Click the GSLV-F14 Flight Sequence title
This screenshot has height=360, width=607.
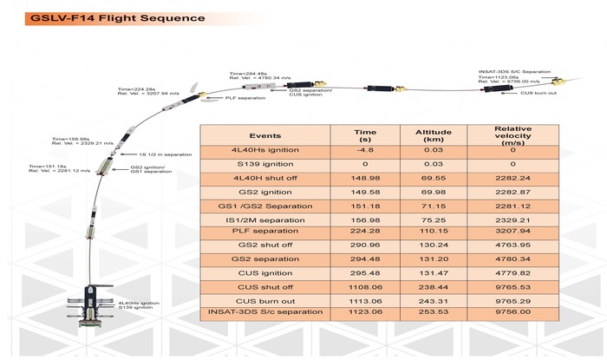click(x=118, y=18)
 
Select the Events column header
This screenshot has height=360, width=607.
click(x=265, y=136)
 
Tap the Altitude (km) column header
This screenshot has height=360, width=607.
click(x=434, y=135)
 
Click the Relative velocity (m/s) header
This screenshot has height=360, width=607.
click(x=513, y=136)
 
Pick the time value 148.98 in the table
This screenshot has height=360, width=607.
click(x=365, y=178)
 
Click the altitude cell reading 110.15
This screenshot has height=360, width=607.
click(x=434, y=231)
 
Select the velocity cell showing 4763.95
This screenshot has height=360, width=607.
click(x=513, y=245)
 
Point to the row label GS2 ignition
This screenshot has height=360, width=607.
click(x=265, y=193)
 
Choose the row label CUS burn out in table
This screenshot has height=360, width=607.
click(x=265, y=301)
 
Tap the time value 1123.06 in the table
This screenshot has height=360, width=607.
click(x=365, y=311)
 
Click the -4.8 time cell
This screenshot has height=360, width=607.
click(x=365, y=150)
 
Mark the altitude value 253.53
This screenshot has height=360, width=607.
click(x=434, y=311)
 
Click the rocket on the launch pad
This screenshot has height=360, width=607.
click(x=90, y=306)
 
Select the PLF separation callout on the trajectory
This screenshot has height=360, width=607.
click(x=245, y=98)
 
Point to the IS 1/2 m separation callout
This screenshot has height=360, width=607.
click(x=166, y=154)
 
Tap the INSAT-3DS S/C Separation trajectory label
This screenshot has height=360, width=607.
click(x=514, y=72)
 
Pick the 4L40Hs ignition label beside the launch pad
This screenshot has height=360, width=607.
click(x=139, y=303)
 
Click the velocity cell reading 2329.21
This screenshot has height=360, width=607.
click(x=513, y=220)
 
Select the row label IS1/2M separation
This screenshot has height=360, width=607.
click(x=265, y=220)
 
